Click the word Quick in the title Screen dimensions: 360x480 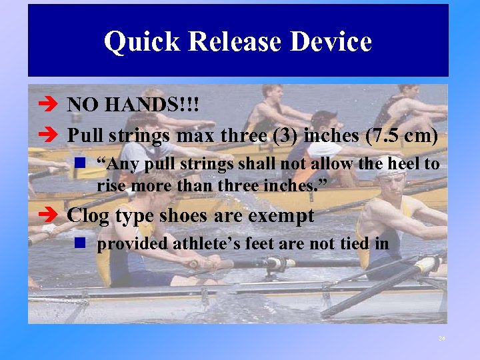(141, 42)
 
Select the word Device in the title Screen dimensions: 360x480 (338, 42)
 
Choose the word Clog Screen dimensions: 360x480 (88, 215)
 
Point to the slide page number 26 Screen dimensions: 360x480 (441, 339)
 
